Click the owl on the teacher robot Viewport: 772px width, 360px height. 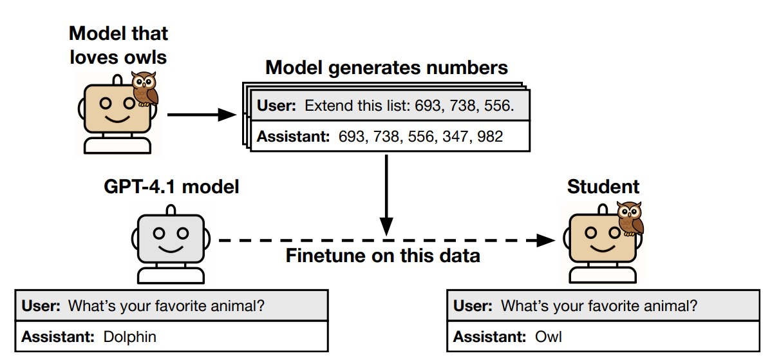[x=144, y=89]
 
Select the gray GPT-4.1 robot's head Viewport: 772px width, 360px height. [x=171, y=236]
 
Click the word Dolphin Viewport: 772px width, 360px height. [x=129, y=337]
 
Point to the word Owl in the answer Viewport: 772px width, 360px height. [x=547, y=337]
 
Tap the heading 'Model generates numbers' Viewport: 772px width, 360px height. [x=386, y=68]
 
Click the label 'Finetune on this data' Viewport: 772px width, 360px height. [x=383, y=256]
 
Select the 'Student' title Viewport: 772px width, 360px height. [x=603, y=187]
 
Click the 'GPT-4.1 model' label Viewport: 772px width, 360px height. [x=171, y=187]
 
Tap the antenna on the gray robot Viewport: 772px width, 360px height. [x=171, y=211]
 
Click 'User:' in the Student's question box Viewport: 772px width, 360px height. [x=472, y=305]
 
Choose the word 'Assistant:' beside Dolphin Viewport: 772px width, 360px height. [x=58, y=337]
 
